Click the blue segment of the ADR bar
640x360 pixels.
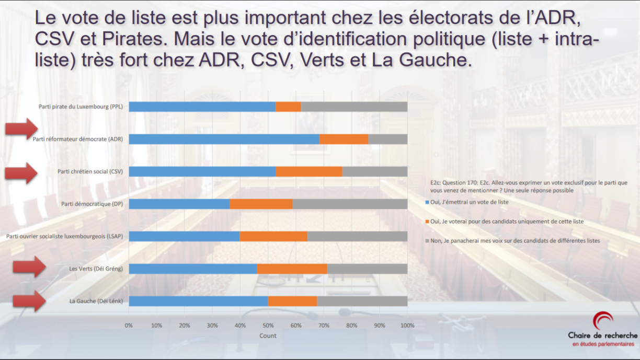point(224,139)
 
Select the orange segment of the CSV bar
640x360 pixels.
point(309,171)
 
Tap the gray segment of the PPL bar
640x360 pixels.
point(354,107)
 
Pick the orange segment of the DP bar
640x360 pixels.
point(261,204)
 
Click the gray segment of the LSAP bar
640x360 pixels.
point(357,236)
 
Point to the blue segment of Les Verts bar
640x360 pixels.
point(192,269)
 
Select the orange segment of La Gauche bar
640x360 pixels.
point(292,301)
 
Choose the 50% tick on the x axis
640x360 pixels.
point(268,326)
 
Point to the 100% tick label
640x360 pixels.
point(407,326)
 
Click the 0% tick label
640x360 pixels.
point(129,326)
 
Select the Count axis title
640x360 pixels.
point(268,336)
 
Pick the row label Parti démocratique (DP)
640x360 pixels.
point(92,204)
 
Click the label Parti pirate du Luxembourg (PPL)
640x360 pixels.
point(81,107)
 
